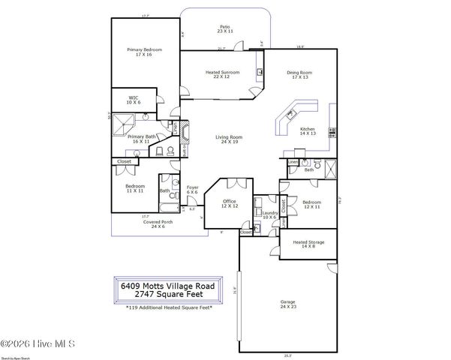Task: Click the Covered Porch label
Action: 158,223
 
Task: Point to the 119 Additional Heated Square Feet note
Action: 169,307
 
